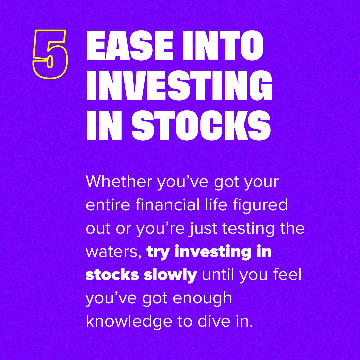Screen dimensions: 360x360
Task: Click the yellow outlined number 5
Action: [50, 54]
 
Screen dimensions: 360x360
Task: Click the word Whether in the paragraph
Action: [118, 182]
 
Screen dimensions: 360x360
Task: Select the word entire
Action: [104, 205]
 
